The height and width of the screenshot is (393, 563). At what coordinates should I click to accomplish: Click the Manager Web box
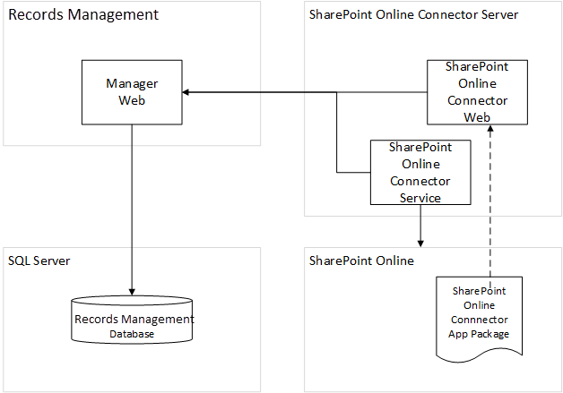coord(132,92)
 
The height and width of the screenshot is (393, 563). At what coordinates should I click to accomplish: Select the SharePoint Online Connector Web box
coord(476,92)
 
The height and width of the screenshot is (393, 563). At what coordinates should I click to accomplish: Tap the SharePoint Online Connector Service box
coord(420,171)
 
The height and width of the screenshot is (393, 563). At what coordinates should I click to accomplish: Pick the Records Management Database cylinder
coord(133,320)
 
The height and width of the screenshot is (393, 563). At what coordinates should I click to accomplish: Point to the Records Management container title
coord(83,15)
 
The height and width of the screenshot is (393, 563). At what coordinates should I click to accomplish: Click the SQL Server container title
coord(39,261)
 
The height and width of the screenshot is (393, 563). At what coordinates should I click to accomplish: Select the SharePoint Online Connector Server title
coord(413,15)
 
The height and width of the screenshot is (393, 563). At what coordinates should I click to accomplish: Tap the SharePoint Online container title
coord(361,261)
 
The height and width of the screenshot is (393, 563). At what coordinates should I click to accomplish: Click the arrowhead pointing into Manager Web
coord(187,92)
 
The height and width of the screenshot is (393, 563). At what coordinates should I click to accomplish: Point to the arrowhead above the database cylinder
coord(133,290)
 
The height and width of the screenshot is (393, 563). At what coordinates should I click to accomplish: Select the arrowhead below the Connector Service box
coord(420,243)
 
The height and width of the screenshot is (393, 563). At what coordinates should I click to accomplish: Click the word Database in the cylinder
coord(132,334)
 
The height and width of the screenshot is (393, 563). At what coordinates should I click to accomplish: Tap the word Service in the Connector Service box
coord(420,197)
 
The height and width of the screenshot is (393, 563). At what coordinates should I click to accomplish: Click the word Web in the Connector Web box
coord(476,116)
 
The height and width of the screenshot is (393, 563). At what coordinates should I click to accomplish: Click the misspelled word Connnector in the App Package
coord(480,320)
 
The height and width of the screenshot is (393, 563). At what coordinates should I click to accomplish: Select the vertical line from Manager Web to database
coord(133,206)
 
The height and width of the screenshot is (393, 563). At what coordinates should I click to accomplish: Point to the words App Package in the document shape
coord(480,334)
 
